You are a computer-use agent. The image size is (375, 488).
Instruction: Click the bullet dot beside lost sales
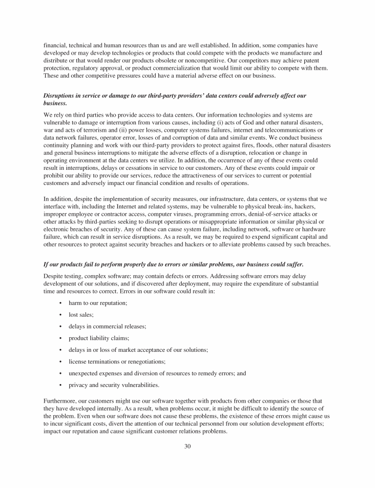60,315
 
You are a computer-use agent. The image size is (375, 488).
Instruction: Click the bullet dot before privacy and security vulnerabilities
60,385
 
